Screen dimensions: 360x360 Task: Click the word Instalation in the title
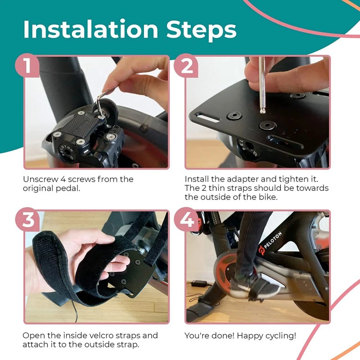tap(90, 29)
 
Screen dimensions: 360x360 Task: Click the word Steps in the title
tap(201, 29)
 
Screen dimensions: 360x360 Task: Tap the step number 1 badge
tap(28, 66)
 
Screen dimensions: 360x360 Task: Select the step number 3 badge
tap(28, 221)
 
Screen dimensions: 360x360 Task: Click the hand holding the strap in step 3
tap(83, 252)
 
